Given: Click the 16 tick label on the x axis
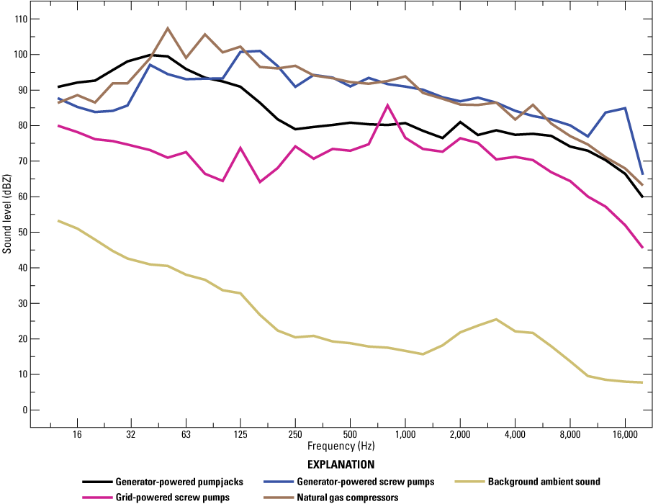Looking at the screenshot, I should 77,435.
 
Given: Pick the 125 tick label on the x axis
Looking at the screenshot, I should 240,435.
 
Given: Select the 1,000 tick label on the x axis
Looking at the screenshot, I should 405,435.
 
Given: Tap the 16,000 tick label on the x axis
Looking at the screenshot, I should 624,435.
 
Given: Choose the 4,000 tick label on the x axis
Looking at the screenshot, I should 515,435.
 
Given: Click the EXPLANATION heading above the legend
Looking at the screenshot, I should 341,464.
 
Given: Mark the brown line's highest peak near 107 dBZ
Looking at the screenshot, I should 168,28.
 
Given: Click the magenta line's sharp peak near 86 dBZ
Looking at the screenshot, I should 387,105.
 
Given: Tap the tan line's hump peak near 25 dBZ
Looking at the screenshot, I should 496,319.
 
